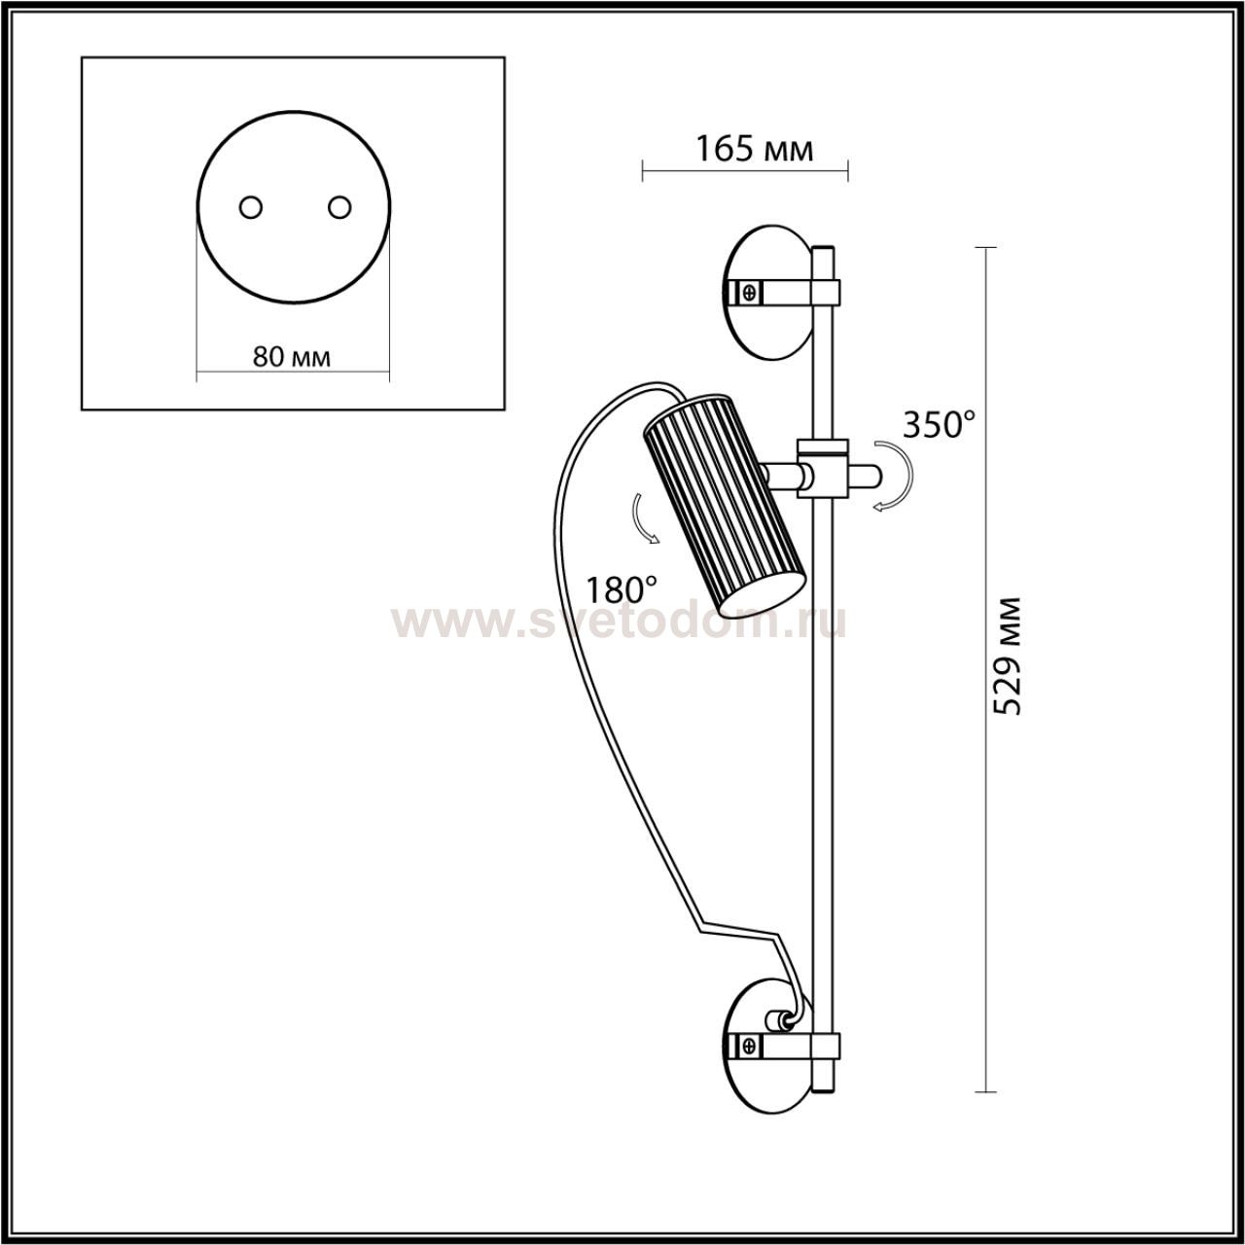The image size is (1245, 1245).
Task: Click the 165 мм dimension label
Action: pyautogui.click(x=754, y=150)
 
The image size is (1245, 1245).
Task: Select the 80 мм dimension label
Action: pyautogui.click(x=292, y=356)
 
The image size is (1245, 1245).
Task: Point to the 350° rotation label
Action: pyautogui.click(x=938, y=425)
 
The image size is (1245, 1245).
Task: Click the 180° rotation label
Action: pyautogui.click(x=621, y=589)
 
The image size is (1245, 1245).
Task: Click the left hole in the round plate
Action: pyautogui.click(x=250, y=208)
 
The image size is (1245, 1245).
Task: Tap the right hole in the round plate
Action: pyautogui.click(x=339, y=208)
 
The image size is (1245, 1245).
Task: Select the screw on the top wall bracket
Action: pyautogui.click(x=750, y=292)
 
